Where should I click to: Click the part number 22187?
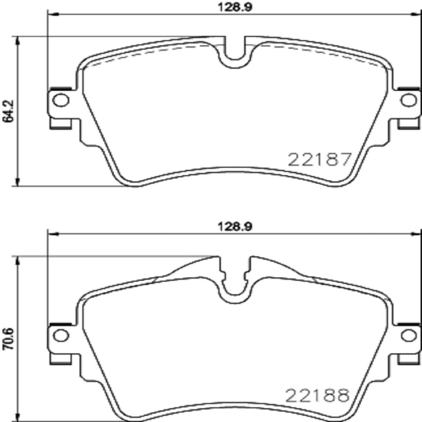pyautogui.click(x=319, y=159)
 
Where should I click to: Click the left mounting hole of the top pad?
pyautogui.click(x=61, y=100)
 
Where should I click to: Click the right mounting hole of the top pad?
pyautogui.click(x=408, y=100)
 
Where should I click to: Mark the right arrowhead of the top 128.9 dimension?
pyautogui.click(x=416, y=14)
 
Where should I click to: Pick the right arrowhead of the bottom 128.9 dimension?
pyautogui.click(x=416, y=234)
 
